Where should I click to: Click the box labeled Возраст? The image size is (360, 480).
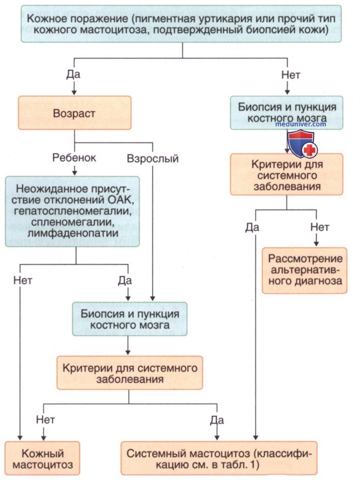[74, 113]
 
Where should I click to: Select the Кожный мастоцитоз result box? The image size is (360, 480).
[42, 458]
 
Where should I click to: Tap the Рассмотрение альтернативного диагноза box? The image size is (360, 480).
[305, 271]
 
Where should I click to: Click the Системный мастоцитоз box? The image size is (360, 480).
[219, 458]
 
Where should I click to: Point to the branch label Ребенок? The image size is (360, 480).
[74, 158]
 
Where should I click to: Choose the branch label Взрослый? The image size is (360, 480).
[153, 159]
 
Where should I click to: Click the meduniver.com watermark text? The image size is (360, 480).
[301, 124]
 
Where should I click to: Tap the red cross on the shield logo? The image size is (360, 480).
[310, 151]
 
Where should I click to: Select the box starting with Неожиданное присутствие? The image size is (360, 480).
[72, 211]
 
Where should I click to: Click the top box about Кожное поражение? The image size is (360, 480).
[181, 24]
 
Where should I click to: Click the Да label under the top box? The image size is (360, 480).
[73, 74]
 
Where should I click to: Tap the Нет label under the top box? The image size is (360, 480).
[291, 74]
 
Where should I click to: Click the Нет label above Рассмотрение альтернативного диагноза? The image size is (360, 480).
[320, 227]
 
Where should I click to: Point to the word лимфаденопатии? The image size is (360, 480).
[73, 233]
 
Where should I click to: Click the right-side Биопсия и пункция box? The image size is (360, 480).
[287, 113]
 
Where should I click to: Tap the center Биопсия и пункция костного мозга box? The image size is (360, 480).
[130, 319]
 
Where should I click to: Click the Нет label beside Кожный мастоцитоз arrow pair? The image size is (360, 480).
[46, 419]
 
